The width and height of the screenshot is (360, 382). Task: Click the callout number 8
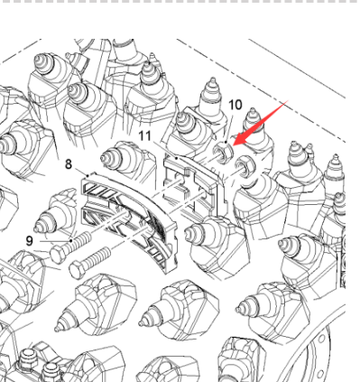(x=69, y=164)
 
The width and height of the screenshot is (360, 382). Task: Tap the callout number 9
(x=29, y=241)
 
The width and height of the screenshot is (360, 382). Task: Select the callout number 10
(x=235, y=105)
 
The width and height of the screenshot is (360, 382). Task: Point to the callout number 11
(x=145, y=135)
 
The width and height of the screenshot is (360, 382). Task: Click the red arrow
(x=261, y=123)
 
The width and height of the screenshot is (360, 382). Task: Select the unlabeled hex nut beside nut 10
(x=245, y=166)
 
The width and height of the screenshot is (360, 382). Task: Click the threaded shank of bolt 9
(x=80, y=242)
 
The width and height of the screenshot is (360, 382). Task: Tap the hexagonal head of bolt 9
(x=59, y=255)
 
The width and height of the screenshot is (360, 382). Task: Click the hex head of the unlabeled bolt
(x=78, y=269)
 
